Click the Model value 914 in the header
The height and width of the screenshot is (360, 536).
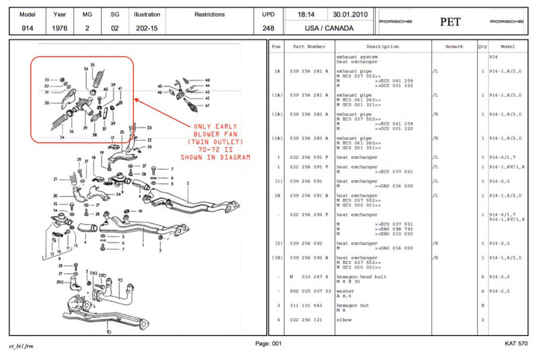pyautogui.click(x=27, y=29)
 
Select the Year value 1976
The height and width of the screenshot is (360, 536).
pyautogui.click(x=60, y=29)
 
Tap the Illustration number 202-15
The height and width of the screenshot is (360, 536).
pyautogui.click(x=146, y=29)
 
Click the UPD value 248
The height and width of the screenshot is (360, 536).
pyautogui.click(x=268, y=29)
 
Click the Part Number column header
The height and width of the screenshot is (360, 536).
pyautogui.click(x=309, y=47)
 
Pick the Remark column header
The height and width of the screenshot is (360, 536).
pyautogui.click(x=454, y=47)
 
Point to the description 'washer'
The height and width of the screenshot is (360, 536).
pyautogui.click(x=345, y=291)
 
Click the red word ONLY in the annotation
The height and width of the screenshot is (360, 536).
pyautogui.click(x=202, y=126)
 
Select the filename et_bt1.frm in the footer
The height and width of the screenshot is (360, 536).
pyautogui.click(x=21, y=346)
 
